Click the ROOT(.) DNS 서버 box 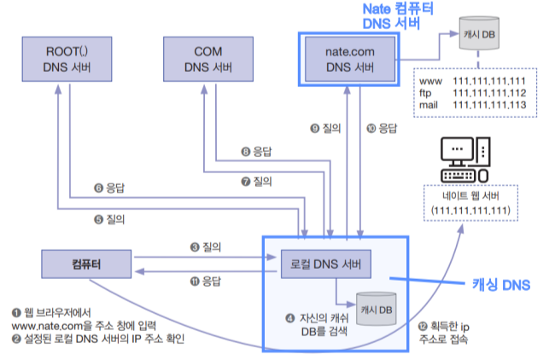click(67, 59)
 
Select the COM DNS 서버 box click(208, 59)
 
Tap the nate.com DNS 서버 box click(350, 59)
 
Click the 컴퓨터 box click(86, 264)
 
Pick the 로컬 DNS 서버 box click(326, 264)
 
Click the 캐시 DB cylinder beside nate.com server click(479, 33)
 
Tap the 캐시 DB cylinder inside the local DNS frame click(376, 309)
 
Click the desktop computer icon click(465, 160)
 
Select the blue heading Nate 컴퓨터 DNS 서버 click(398, 16)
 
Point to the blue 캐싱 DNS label click(501, 285)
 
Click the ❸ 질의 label click(206, 247)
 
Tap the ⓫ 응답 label click(206, 282)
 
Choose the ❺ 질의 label click(109, 219)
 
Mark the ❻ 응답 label click(109, 188)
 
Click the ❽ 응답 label click(257, 152)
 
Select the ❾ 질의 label click(325, 128)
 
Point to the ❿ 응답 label click(382, 128)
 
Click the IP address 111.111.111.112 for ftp click(489, 93)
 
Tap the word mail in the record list click(429, 105)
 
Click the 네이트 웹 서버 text click(470, 195)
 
